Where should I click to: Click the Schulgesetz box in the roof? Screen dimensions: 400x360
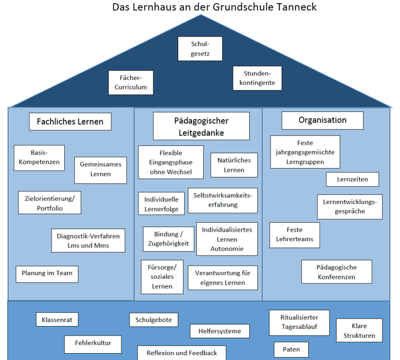tap(200, 48)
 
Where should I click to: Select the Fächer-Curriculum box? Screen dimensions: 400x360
tap(131, 82)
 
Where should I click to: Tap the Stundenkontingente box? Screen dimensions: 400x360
tap(257, 78)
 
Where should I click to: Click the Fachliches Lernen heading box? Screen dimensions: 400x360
tap(70, 121)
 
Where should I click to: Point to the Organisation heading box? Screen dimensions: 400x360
tap(323, 120)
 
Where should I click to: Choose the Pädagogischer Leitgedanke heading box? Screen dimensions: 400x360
tap(201, 126)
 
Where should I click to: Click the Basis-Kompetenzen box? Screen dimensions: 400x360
tap(39, 158)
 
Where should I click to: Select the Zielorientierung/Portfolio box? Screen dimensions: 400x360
tap(50, 203)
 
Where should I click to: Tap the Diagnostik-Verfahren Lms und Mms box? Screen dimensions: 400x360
tap(88, 240)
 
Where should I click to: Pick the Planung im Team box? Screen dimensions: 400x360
tap(47, 274)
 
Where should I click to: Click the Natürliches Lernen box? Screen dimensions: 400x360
tap(234, 165)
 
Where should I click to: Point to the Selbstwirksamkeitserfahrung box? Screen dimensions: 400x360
tap(223, 200)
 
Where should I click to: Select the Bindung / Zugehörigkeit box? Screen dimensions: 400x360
tap(169, 239)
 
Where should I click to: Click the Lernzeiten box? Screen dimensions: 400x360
tap(352, 179)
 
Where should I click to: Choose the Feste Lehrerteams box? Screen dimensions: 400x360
tap(294, 235)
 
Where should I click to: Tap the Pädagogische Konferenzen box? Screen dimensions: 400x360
tap(336, 272)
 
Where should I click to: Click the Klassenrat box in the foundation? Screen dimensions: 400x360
tap(57, 319)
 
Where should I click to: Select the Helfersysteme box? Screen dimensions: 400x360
tap(219, 331)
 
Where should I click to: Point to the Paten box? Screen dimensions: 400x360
tap(291, 349)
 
